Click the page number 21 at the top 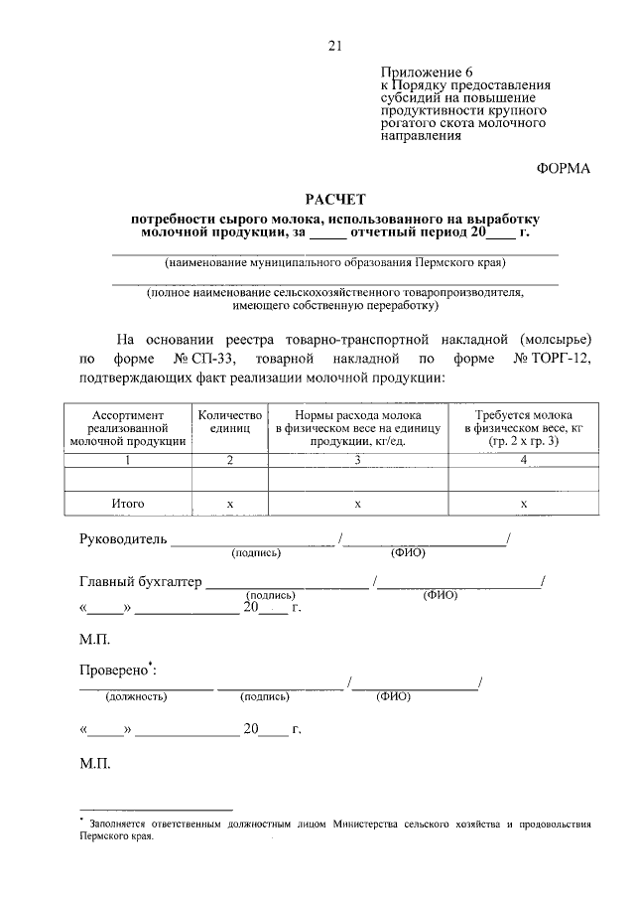click(x=334, y=45)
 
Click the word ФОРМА click(x=563, y=168)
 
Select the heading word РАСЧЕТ click(x=333, y=200)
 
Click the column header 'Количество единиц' click(x=229, y=422)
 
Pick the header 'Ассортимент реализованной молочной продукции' click(x=128, y=428)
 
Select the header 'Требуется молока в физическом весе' click(x=524, y=428)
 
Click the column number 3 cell click(x=357, y=460)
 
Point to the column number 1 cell click(x=128, y=460)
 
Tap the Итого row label click(x=128, y=505)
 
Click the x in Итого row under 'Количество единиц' click(x=229, y=505)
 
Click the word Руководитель click(x=123, y=541)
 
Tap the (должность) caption click(x=137, y=696)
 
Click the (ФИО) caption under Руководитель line click(x=408, y=553)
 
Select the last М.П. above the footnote click(x=95, y=765)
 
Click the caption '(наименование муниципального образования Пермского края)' click(x=334, y=264)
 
